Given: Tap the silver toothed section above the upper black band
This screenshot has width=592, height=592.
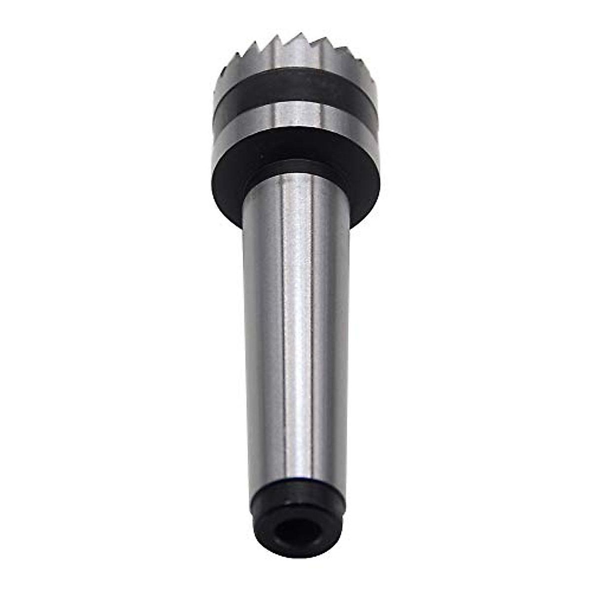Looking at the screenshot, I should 296,62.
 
